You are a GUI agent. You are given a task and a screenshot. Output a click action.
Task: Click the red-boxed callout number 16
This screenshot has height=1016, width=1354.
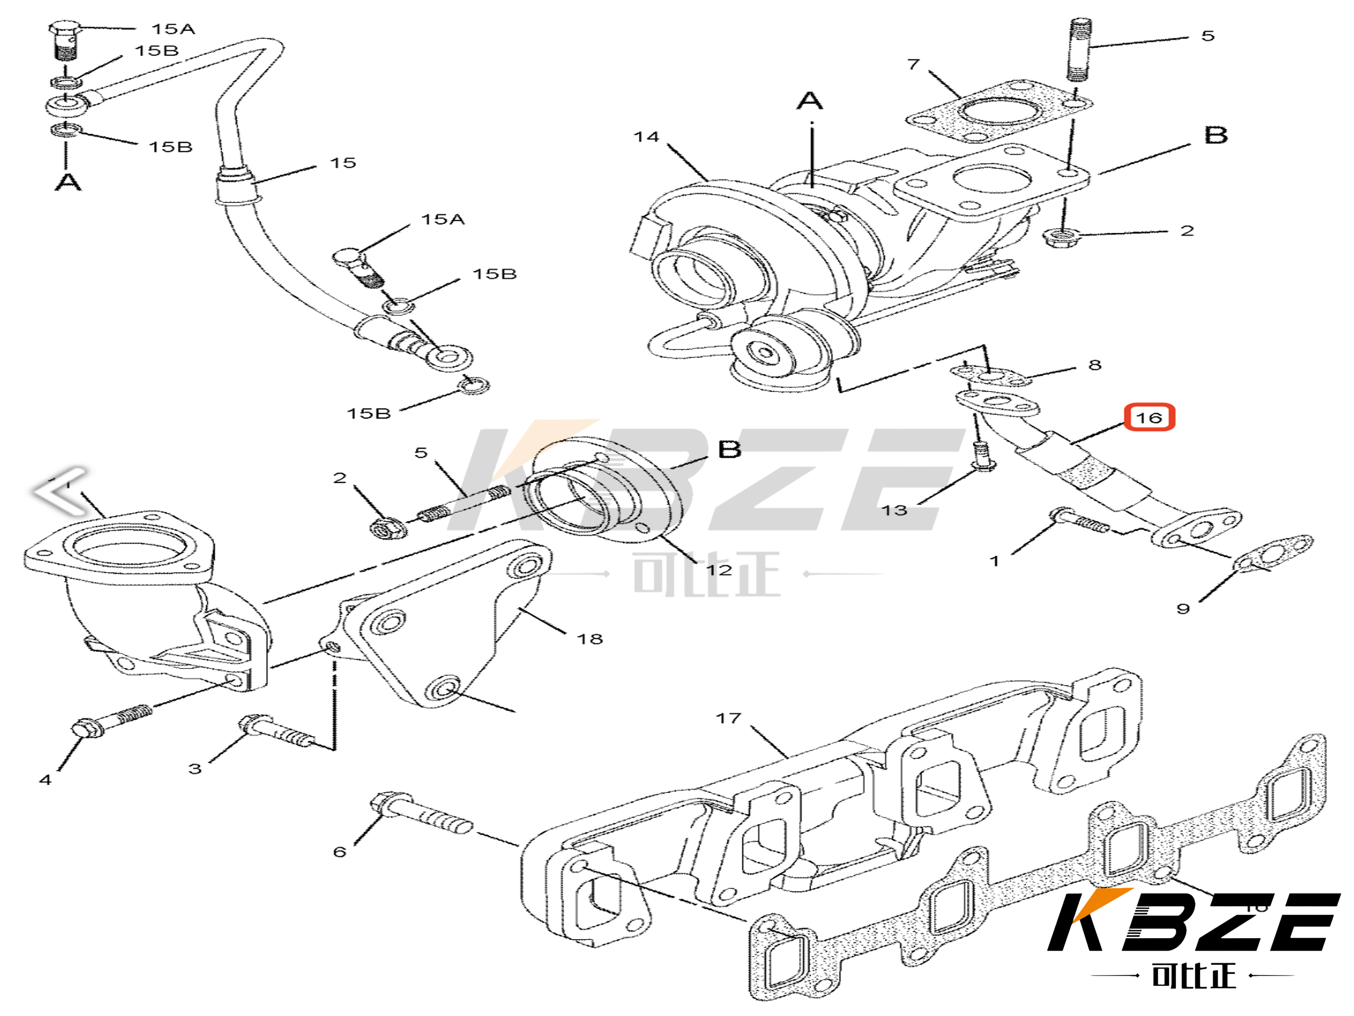pyautogui.click(x=1149, y=418)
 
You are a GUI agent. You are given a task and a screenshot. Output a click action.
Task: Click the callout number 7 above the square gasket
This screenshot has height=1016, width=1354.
pyautogui.click(x=913, y=64)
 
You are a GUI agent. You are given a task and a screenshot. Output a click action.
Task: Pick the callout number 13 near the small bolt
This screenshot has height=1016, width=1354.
pyautogui.click(x=894, y=510)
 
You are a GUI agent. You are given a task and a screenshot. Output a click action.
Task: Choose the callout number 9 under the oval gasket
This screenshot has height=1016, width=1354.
pyautogui.click(x=1183, y=609)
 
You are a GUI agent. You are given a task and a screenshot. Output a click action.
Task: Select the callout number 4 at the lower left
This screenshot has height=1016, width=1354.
pyautogui.click(x=45, y=779)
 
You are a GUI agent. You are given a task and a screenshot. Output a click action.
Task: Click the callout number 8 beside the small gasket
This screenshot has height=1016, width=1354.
pyautogui.click(x=1095, y=365)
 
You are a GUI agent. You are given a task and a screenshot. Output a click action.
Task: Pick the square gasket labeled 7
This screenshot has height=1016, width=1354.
pyautogui.click(x=998, y=113)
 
